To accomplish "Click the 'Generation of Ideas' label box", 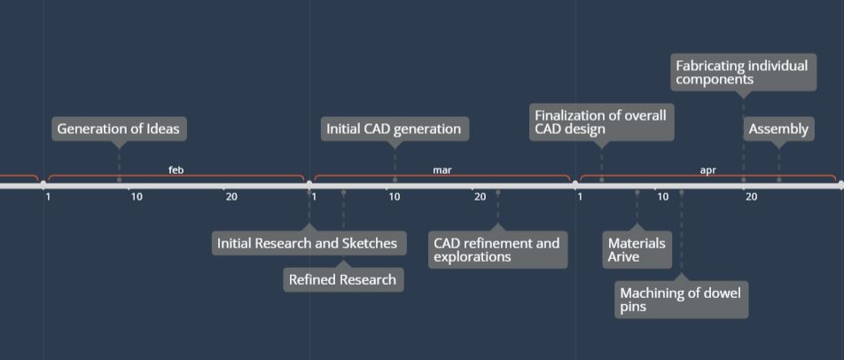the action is [x=119, y=129].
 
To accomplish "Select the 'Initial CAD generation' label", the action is [x=394, y=129].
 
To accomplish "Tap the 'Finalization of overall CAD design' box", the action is [x=601, y=122].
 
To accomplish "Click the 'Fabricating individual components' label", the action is [x=743, y=72].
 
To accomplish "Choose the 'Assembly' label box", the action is [x=778, y=129].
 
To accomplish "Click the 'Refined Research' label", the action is [x=343, y=280].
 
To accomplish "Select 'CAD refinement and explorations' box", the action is [x=497, y=250].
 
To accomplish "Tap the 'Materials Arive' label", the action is [x=637, y=250].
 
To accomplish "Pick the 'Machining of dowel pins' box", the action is [x=681, y=300].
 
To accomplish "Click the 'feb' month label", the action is [x=176, y=170].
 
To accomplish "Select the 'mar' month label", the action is [x=442, y=170].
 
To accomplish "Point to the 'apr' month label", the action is [x=707, y=170].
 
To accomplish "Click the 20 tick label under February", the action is [x=231, y=197].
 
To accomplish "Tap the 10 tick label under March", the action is [x=395, y=197].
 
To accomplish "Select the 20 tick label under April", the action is [x=751, y=197].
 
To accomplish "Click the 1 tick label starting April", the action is [x=580, y=197].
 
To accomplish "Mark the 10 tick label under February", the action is [x=137, y=197].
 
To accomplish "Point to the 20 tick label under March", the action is [x=481, y=197].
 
